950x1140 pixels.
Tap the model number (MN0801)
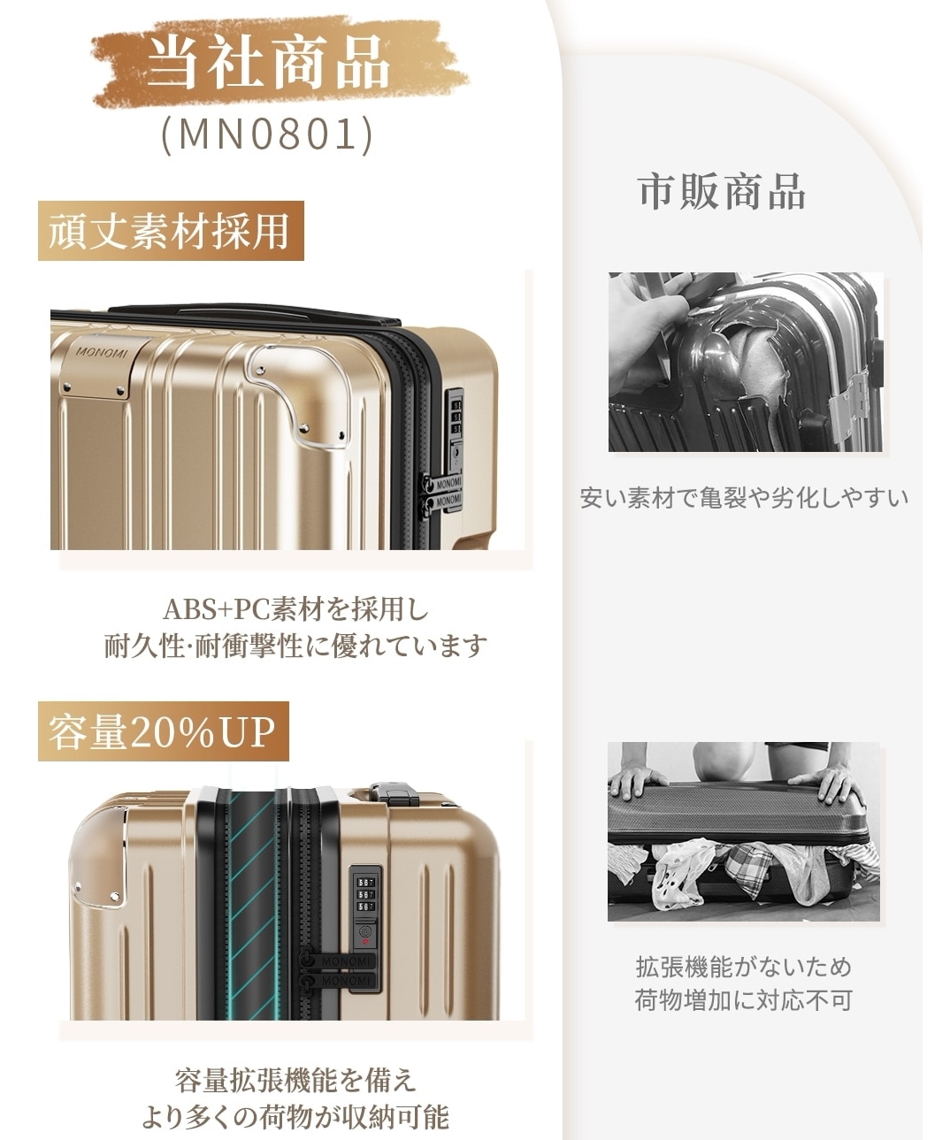pyautogui.click(x=267, y=134)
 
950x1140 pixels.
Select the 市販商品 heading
pyautogui.click(x=721, y=192)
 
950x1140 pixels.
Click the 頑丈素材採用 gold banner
pyautogui.click(x=171, y=231)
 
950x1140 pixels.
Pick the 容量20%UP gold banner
pyautogui.click(x=164, y=731)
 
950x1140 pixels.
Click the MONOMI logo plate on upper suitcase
pyautogui.click(x=103, y=366)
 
